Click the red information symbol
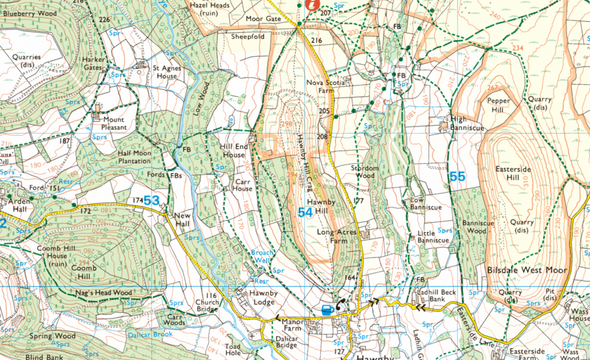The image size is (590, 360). (x=313, y=4)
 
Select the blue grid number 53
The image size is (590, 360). (x=152, y=200)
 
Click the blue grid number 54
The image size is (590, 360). (x=306, y=213)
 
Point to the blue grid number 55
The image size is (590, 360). (x=457, y=177)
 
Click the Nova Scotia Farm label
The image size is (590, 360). (x=327, y=86)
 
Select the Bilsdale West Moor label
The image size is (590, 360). (x=527, y=270)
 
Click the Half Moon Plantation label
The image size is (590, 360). (x=134, y=157)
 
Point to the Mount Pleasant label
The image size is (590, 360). (x=114, y=123)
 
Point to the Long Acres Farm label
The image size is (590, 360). (x=337, y=236)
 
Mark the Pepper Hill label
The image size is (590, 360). (x=499, y=104)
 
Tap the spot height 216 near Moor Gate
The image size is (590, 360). (x=316, y=41)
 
